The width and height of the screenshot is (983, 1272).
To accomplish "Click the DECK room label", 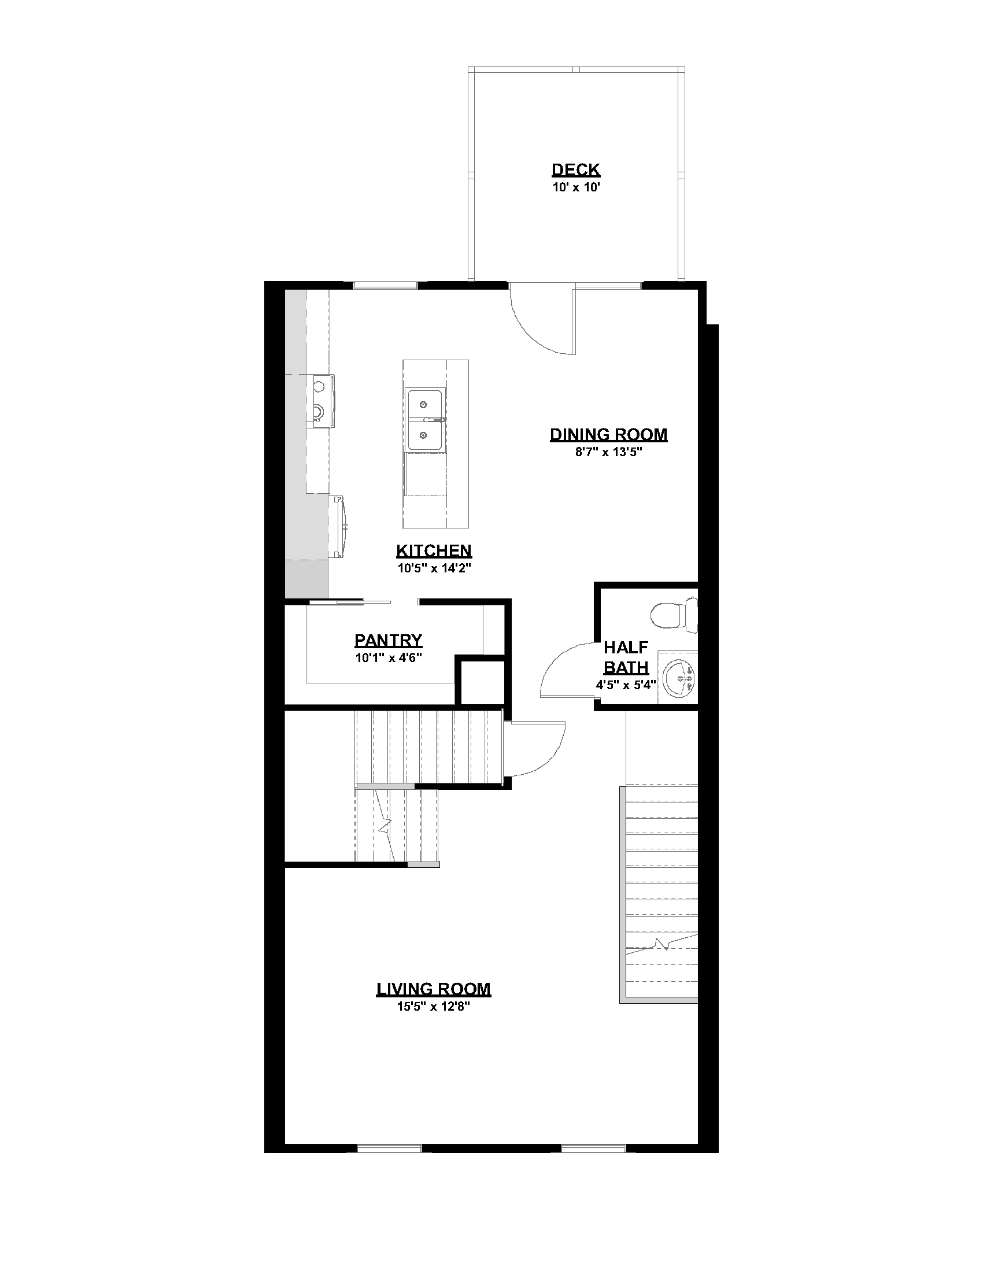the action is tap(575, 170).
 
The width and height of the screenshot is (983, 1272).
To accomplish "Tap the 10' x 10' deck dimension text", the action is tap(575, 187).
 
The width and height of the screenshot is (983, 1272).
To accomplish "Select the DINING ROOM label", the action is tap(608, 434).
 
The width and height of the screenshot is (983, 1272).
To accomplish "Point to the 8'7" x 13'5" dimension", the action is tap(608, 452).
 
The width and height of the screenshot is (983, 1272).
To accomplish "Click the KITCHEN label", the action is tap(434, 550).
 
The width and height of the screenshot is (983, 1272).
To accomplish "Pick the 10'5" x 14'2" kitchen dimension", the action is tap(434, 568).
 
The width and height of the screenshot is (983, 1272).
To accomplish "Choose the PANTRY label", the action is tap(389, 641).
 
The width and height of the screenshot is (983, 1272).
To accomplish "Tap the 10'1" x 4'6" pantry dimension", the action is tap(389, 658).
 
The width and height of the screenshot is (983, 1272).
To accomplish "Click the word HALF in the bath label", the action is tap(626, 647).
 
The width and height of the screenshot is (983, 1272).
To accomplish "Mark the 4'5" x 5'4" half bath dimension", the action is tap(626, 685).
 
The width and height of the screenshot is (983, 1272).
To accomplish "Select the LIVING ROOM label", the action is tap(434, 989).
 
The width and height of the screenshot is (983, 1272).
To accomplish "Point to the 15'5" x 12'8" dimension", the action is tap(434, 1007).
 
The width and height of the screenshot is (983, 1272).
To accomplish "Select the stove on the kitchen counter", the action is tap(320, 401).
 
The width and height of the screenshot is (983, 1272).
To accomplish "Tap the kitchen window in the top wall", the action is tap(386, 286).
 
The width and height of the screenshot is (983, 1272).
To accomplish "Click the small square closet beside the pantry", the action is tap(481, 682).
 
